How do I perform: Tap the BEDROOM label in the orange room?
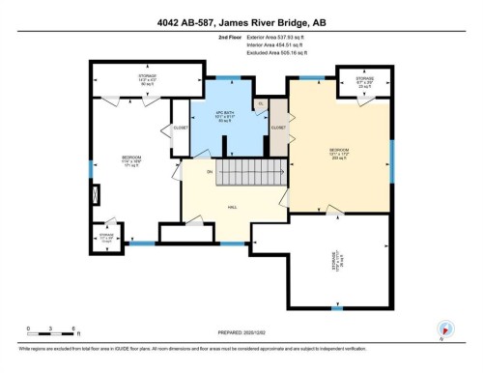(x=339, y=150)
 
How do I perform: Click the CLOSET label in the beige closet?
(x=279, y=127)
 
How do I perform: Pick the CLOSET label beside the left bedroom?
(x=180, y=127)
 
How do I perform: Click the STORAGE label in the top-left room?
(x=146, y=77)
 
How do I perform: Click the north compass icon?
(x=444, y=330)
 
